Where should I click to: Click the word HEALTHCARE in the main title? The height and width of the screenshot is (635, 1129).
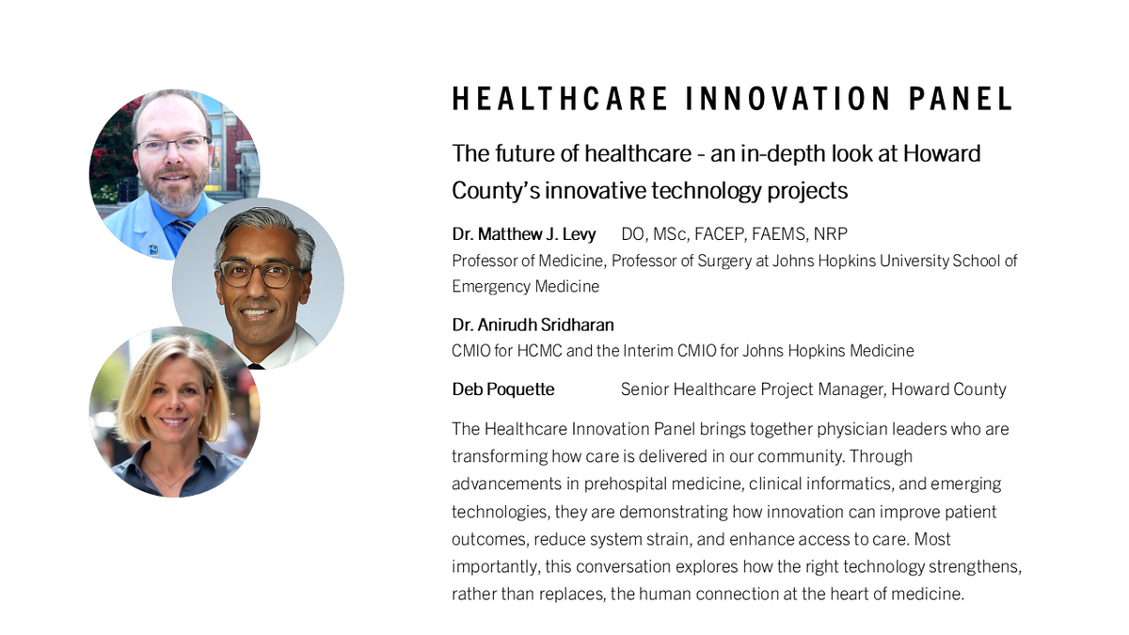coord(561,99)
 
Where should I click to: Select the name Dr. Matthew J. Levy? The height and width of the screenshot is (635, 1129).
coord(524,233)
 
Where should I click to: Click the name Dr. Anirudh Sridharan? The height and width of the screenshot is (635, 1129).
coord(533,325)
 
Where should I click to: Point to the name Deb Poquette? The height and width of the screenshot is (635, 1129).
coord(503,389)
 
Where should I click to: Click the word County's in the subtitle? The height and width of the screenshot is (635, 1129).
coord(495,190)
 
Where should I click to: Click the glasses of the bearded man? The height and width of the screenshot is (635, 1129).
coord(174,145)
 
